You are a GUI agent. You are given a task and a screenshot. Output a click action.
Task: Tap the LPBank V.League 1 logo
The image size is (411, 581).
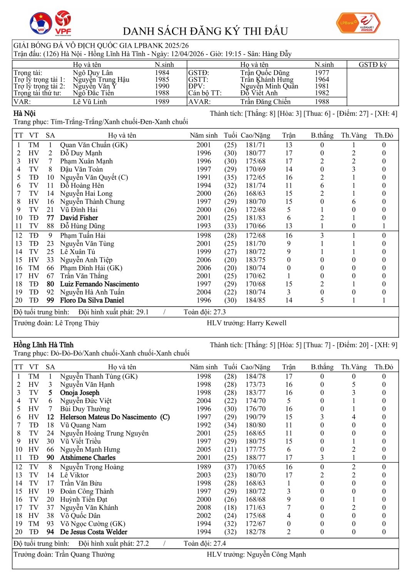coord(358,23)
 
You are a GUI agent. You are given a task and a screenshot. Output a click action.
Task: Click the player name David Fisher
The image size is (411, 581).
coord(79,218)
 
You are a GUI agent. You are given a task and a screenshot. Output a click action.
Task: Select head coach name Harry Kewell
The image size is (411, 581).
coord(266,323)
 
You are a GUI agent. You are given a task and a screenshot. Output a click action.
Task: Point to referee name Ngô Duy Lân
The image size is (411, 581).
coord(93,73)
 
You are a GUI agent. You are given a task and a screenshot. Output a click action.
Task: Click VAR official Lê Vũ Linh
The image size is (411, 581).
coord(90,102)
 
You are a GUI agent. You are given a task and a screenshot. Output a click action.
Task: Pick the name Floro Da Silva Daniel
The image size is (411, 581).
coord(92,300)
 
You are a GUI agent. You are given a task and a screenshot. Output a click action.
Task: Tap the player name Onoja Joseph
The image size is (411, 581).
coord(80,393)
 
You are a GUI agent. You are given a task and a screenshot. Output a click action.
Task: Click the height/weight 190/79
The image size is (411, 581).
coord(255,417)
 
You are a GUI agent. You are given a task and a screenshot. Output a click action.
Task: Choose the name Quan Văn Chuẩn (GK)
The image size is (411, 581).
coord(94,145)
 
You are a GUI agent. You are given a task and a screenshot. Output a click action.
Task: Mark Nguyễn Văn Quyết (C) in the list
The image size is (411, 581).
coord(94,177)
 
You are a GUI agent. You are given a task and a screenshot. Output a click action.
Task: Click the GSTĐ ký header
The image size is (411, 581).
coord(373,65)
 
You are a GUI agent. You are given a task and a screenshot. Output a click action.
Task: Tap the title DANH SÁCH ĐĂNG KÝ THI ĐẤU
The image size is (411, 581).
coord(205,31)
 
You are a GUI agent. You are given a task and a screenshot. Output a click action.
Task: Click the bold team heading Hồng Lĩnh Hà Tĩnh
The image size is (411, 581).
coord(43,345)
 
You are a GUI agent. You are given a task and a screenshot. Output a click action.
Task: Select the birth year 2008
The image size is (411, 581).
coord(204,508)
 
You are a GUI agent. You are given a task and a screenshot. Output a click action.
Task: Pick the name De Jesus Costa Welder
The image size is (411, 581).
coord(94,532)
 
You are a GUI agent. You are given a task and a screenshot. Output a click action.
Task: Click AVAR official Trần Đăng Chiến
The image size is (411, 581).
coord(265,102)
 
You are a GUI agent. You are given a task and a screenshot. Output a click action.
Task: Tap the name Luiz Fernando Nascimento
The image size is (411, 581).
coord(99,284)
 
